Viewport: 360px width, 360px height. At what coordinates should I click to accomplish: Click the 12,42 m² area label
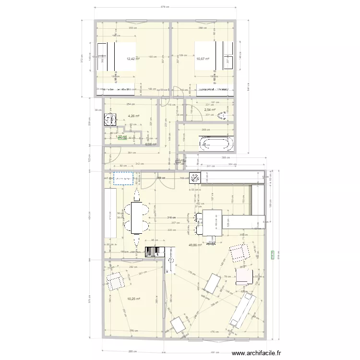pyautogui.click(x=133, y=59)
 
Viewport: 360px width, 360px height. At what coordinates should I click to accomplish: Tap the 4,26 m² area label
pyautogui.click(x=133, y=116)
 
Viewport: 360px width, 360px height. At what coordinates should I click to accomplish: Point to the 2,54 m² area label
pyautogui.click(x=210, y=109)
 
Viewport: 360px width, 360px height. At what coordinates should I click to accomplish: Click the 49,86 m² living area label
pyautogui.click(x=195, y=245)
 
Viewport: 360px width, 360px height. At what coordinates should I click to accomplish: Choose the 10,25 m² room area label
pyautogui.click(x=133, y=299)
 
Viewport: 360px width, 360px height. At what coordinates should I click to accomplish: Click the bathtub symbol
pyautogui.click(x=216, y=142)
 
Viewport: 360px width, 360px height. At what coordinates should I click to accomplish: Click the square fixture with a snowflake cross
pyautogui.click(x=195, y=178)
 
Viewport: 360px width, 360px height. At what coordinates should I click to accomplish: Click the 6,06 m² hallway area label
pyautogui.click(x=152, y=144)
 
